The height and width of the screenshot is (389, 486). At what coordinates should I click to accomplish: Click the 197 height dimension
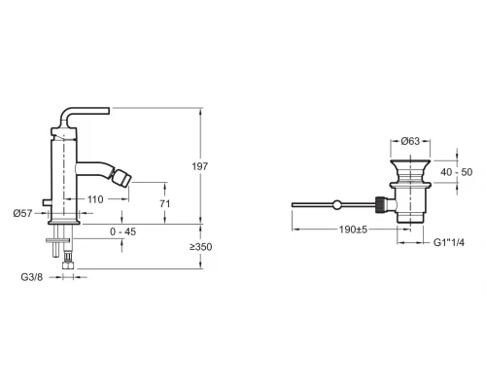pyautogui.click(x=199, y=166)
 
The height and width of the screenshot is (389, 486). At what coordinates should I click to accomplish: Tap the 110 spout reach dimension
pyautogui.click(x=95, y=199)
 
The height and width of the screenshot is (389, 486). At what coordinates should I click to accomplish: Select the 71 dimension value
pyautogui.click(x=165, y=204)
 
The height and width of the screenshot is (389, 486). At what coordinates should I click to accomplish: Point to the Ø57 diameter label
pyautogui.click(x=23, y=213)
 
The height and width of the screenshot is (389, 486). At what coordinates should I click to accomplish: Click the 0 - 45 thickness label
pyautogui.click(x=123, y=231)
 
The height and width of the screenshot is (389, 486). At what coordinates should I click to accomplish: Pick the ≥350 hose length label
pyautogui.click(x=201, y=247)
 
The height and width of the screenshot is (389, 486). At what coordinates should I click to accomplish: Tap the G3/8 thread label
pyautogui.click(x=32, y=277)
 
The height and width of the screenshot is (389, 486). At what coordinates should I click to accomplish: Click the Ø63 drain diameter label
pyautogui.click(x=410, y=141)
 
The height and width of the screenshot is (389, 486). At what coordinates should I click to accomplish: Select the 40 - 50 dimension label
pyautogui.click(x=457, y=172)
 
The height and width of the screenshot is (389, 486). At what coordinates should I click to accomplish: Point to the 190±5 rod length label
pyautogui.click(x=353, y=230)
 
